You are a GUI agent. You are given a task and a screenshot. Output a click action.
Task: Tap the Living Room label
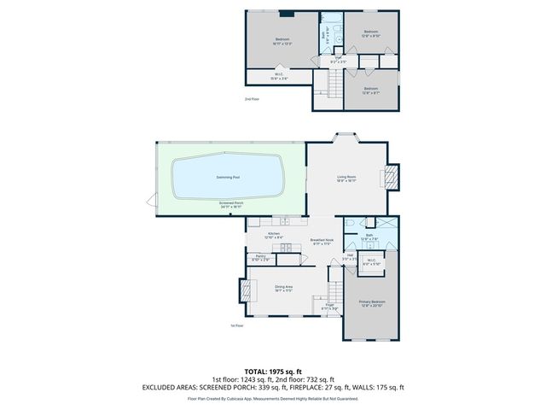[x=346, y=177]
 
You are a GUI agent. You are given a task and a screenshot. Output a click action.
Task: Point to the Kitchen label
[x=275, y=233]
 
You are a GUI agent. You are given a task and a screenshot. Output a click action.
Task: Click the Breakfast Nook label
[x=321, y=240]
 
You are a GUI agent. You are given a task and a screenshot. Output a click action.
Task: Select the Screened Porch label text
[x=231, y=202]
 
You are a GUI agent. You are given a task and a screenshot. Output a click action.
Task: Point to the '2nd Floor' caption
[x=252, y=99]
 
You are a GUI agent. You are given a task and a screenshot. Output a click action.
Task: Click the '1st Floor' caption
[x=238, y=325]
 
